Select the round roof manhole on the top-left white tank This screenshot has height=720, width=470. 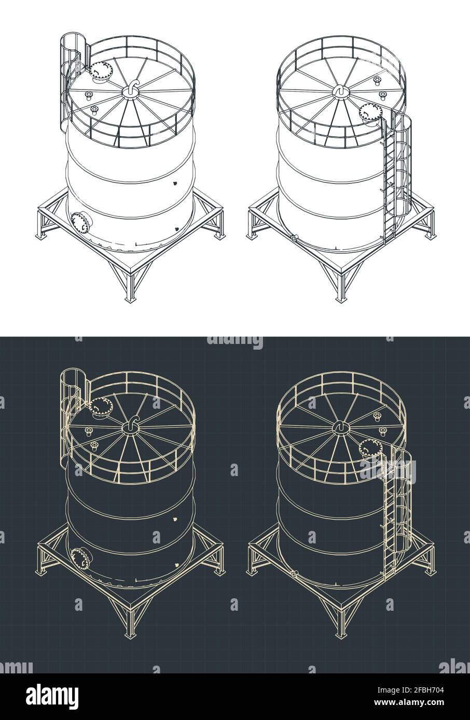100,71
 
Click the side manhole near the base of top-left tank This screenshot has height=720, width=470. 81,222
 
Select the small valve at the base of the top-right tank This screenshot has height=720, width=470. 294,239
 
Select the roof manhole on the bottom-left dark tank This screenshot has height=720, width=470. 100,407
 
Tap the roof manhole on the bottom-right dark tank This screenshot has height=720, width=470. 370,449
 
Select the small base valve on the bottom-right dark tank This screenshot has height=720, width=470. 294,574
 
